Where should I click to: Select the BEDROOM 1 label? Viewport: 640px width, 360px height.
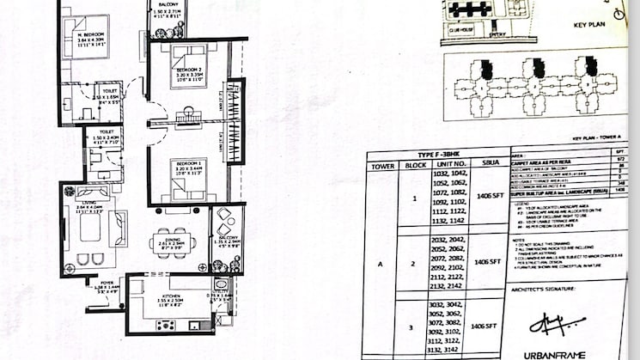coord(186,162)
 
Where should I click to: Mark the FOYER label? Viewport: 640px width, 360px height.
coord(107,283)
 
